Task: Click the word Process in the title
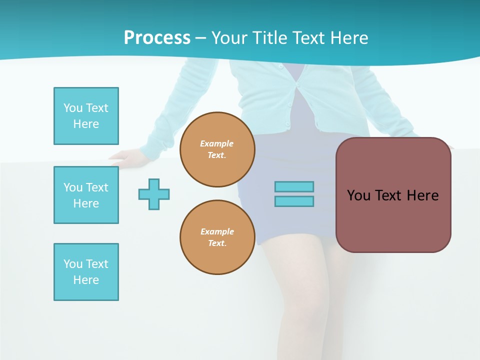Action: click(157, 37)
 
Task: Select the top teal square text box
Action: click(86, 116)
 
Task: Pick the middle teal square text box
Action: click(86, 195)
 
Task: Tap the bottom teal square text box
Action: click(86, 272)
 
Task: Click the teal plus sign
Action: click(154, 194)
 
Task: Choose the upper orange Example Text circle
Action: click(217, 149)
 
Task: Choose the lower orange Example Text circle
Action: click(217, 237)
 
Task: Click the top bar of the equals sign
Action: click(294, 186)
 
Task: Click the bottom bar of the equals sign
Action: click(294, 201)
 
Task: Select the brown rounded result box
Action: click(393, 195)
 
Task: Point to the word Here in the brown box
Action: click(422, 195)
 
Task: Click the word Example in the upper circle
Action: click(217, 143)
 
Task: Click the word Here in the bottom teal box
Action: click(86, 280)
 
